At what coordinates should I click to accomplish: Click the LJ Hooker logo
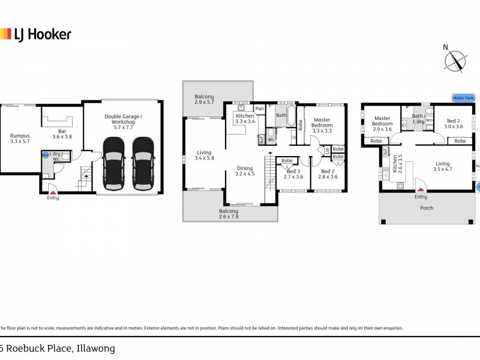click(35, 34)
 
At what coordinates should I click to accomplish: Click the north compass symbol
click(455, 61)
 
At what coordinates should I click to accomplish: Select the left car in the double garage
click(113, 158)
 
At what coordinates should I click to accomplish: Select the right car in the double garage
click(143, 158)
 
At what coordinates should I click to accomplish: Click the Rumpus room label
click(20, 139)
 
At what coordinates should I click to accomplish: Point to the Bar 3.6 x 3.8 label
click(61, 133)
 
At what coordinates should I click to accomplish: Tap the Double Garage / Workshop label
click(124, 121)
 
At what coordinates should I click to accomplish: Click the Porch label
click(427, 208)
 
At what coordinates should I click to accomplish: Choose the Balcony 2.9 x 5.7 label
click(204, 100)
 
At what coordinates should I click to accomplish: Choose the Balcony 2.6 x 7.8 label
click(229, 214)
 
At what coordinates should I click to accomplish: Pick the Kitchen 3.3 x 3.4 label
click(245, 118)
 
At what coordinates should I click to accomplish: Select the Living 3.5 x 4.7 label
click(443, 166)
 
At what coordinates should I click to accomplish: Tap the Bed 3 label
click(294, 173)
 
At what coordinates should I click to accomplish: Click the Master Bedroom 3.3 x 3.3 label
click(322, 125)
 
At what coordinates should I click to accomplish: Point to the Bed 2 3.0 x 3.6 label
click(454, 124)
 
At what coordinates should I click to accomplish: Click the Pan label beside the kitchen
click(259, 109)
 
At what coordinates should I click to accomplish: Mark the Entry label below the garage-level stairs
click(53, 197)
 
